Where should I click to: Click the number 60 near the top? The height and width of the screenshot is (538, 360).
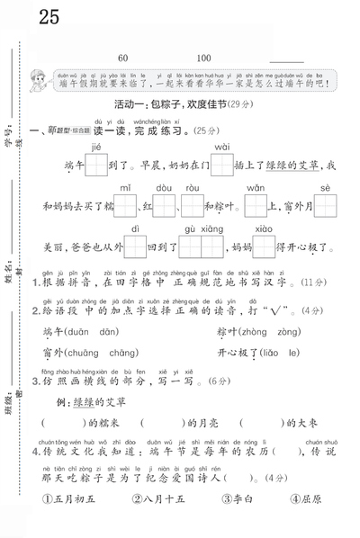coord(122,58)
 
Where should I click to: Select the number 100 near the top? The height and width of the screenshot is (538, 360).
coord(203,58)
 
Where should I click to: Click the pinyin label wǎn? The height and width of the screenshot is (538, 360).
coord(256,188)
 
